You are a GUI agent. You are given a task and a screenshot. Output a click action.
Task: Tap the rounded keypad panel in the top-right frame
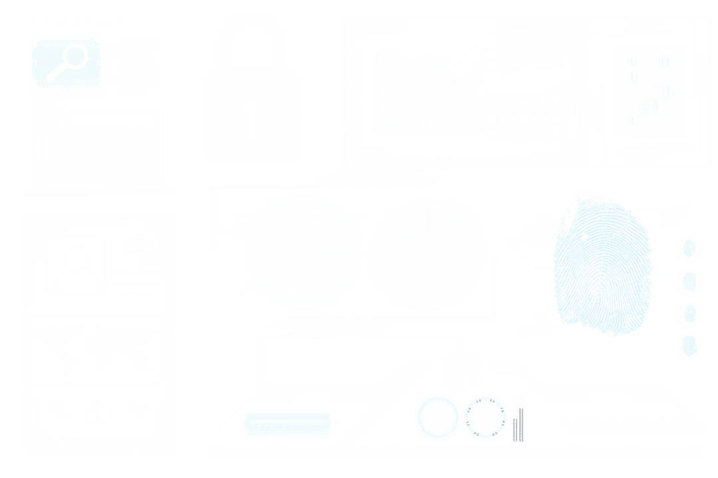coord(649,91)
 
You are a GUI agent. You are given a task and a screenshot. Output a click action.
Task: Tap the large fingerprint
coord(602,266)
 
